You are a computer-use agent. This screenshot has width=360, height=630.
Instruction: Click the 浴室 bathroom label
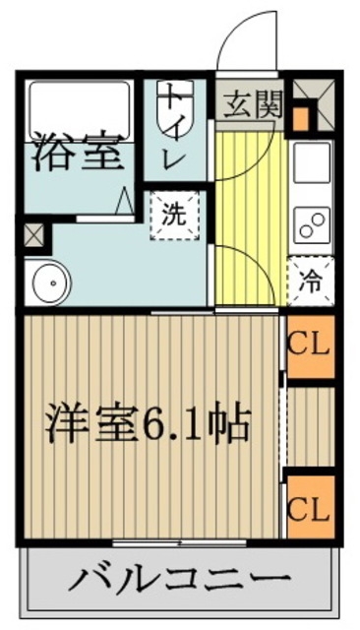click(x=78, y=153)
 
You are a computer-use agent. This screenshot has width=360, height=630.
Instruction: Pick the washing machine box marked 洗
click(x=174, y=216)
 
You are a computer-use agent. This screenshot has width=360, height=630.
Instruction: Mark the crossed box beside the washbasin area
click(x=33, y=236)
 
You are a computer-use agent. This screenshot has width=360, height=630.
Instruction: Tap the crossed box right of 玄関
click(x=314, y=94)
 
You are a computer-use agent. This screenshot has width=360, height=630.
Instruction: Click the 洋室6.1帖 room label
click(x=148, y=426)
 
